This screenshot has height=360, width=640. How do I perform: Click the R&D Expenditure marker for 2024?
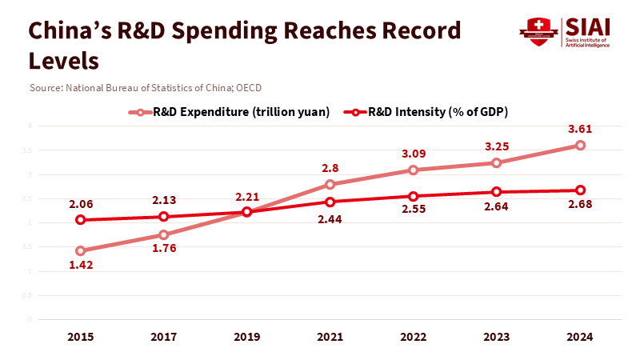[580, 145]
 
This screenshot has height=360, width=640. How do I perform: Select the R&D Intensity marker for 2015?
[80, 220]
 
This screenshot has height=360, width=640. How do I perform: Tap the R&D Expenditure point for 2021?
[330, 185]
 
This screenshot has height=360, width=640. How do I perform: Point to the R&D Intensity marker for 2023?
[496, 192]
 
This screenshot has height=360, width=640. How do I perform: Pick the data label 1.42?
[80, 266]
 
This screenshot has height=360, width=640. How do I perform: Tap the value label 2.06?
[80, 204]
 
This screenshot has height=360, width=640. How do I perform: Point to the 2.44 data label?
[330, 220]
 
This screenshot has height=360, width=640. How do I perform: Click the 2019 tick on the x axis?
[246, 338]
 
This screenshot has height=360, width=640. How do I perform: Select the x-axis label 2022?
[413, 338]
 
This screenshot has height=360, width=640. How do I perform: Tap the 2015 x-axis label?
[80, 338]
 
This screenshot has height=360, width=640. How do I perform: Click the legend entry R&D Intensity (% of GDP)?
[428, 112]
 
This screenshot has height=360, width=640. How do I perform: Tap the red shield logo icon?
[538, 31]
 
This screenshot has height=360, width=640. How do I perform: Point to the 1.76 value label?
[163, 248]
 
